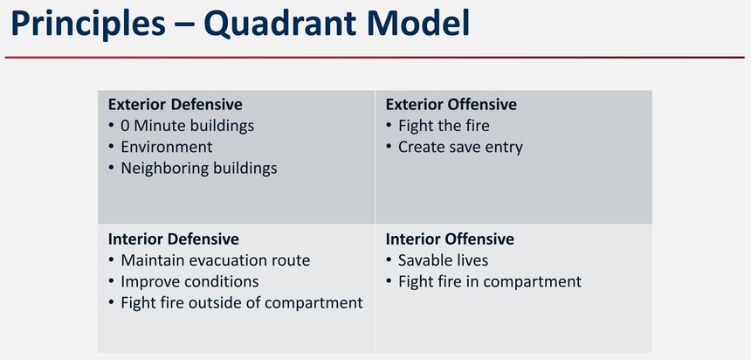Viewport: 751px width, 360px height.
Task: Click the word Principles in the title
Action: point(87,24)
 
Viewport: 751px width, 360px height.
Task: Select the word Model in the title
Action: point(414,23)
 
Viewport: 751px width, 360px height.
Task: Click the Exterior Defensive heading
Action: point(176,105)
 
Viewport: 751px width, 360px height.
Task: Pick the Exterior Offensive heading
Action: point(451,105)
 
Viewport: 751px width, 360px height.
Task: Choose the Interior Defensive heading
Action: point(174,239)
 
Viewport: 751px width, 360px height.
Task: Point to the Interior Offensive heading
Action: point(450,239)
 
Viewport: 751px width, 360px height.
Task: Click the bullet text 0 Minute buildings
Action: point(187,126)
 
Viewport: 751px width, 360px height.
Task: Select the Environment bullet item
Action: point(167,147)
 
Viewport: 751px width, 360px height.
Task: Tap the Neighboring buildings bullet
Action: point(199,169)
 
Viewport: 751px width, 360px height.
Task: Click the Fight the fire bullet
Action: point(444,126)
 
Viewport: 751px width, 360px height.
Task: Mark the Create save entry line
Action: point(460,147)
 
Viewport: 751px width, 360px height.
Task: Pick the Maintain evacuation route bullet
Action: point(216,260)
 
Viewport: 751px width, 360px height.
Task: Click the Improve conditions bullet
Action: point(189,281)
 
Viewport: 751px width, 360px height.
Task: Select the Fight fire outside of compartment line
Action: point(242,303)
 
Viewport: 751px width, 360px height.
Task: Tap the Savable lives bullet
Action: point(443,260)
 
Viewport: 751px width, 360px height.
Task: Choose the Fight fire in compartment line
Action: point(490,281)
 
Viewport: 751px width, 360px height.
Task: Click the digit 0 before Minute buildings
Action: point(125,126)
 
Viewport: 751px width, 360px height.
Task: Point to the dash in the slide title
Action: point(184,26)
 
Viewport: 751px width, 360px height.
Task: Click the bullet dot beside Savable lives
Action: point(389,260)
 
